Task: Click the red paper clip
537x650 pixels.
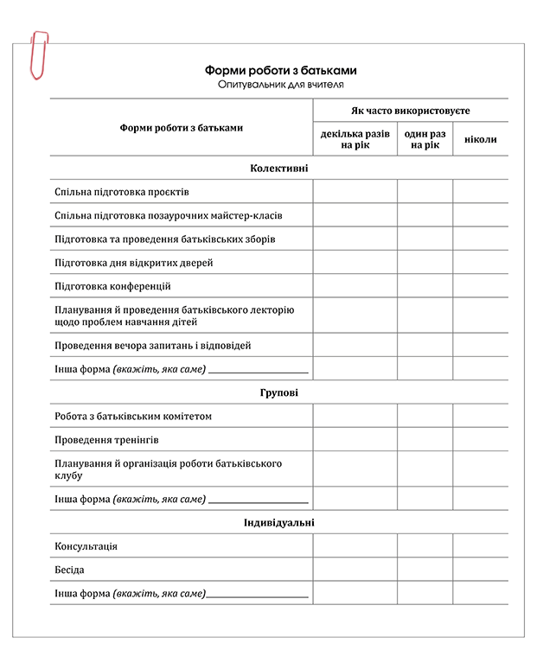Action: [x=39, y=54]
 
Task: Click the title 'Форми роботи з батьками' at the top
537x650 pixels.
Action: [x=280, y=71]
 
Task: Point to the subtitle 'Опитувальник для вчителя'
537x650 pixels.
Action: [x=280, y=85]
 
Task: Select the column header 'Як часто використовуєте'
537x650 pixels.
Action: [x=410, y=112]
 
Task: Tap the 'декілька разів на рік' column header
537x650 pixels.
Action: [x=355, y=140]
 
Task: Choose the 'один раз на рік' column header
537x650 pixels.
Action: [x=425, y=140]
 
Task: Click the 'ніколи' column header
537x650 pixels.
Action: [x=480, y=140]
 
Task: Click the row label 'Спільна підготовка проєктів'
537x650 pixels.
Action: [x=121, y=192]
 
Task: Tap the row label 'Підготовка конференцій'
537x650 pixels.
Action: [x=112, y=286]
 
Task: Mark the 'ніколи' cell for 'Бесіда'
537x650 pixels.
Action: [x=480, y=570]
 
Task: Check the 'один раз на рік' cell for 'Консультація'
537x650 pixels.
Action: [x=425, y=547]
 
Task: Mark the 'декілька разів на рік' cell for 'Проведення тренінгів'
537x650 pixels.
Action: [x=355, y=440]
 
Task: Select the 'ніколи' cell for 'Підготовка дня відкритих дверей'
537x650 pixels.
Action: [x=480, y=263]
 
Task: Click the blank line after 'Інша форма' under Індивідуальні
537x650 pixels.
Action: [x=257, y=595]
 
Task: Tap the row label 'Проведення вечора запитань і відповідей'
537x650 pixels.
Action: [x=152, y=346]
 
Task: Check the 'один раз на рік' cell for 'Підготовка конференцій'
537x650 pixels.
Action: [x=425, y=286]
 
